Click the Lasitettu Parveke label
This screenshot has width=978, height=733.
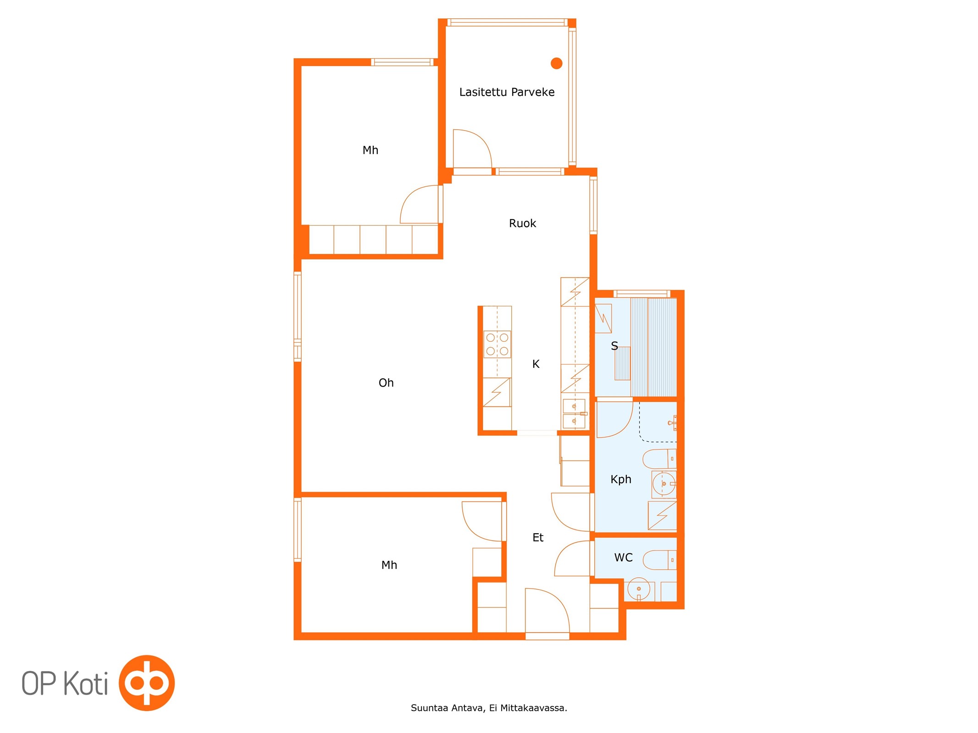point(507,92)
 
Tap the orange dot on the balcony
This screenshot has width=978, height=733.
point(556,63)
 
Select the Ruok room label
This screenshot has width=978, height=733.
point(522,223)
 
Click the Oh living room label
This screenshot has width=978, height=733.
point(386,383)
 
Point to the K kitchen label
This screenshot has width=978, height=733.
point(536,364)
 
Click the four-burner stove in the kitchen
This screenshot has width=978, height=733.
point(497,344)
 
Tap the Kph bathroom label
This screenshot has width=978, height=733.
point(621,479)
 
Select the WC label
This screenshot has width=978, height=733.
point(623,558)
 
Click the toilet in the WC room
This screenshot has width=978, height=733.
point(660,560)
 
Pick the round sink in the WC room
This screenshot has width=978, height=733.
point(638,589)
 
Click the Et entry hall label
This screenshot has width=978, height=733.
point(538,537)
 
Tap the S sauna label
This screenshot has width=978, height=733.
point(614,346)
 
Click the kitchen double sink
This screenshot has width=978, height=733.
point(574,413)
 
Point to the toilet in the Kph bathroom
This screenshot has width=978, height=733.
point(659,459)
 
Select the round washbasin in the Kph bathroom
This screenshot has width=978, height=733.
point(663,484)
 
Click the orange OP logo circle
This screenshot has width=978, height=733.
point(147,683)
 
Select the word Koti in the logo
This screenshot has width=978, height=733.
point(85,684)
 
